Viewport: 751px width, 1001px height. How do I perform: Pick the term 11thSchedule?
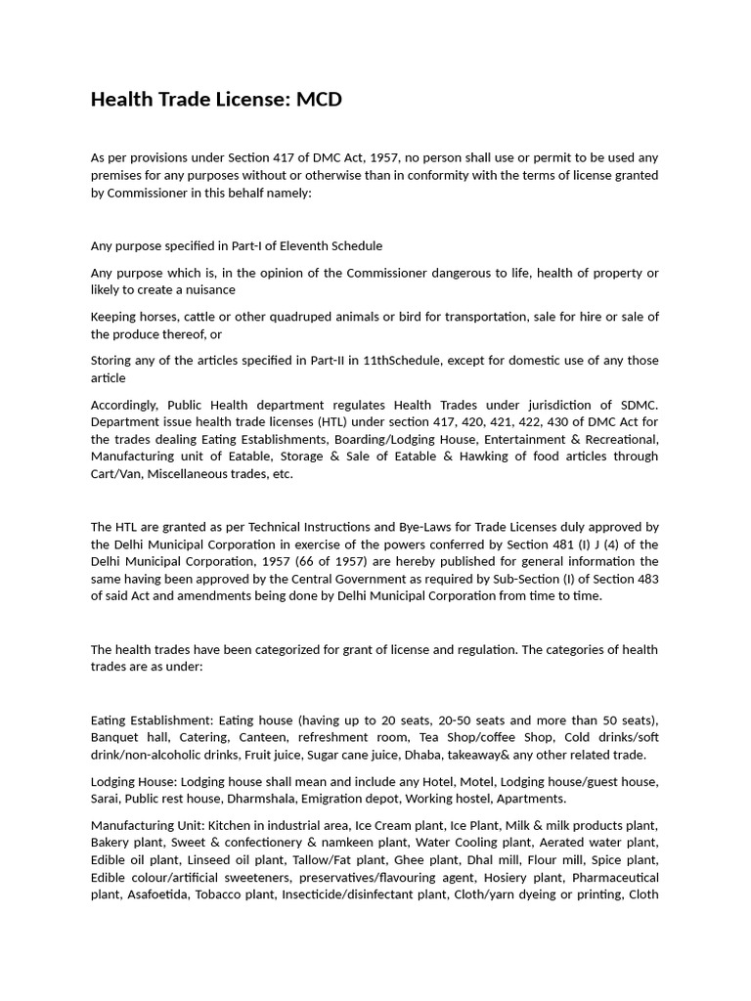[401, 361]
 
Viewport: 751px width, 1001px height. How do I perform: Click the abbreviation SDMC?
[637, 405]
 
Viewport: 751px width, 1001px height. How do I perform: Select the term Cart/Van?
[118, 474]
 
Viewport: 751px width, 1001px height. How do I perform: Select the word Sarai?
[106, 799]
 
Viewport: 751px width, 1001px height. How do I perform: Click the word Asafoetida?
[159, 894]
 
